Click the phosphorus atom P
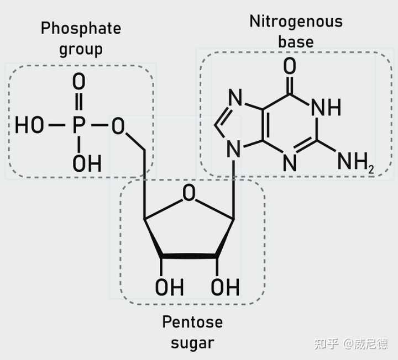click(x=78, y=125)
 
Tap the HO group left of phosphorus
click(x=29, y=125)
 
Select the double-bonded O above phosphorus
click(x=78, y=81)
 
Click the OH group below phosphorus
click(x=87, y=163)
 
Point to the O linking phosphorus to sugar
click(x=118, y=126)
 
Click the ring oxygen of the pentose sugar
click(x=189, y=193)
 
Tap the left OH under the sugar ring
click(x=170, y=287)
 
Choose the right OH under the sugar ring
click(x=225, y=287)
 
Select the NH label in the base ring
click(x=326, y=108)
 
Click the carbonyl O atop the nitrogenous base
click(x=290, y=66)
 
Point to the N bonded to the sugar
click(x=233, y=149)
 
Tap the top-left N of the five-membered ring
click(x=235, y=97)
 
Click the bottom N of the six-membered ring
click(x=290, y=162)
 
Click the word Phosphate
click(x=81, y=28)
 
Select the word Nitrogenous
click(x=296, y=22)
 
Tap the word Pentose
click(x=192, y=322)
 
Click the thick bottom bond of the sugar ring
click(x=189, y=256)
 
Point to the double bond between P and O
click(x=79, y=102)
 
